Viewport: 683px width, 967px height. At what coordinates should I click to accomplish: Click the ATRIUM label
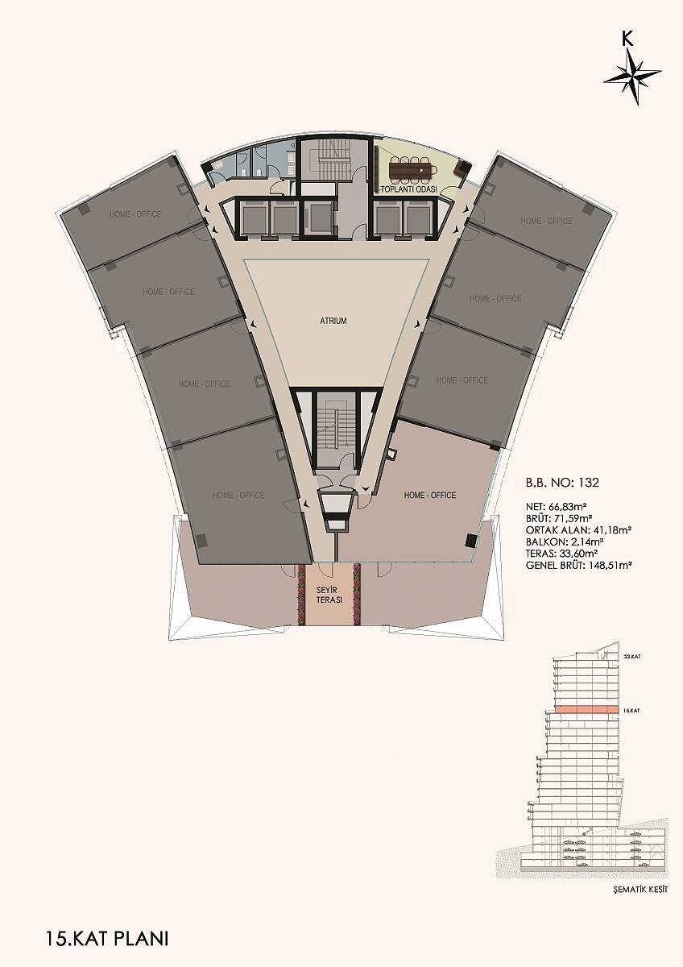(333, 322)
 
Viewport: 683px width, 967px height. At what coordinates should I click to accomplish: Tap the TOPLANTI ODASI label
(408, 189)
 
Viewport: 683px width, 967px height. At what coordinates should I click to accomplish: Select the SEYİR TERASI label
(329, 595)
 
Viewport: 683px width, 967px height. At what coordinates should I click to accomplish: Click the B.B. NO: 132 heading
(562, 483)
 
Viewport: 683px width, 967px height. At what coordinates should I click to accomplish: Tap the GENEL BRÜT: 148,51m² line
(573, 565)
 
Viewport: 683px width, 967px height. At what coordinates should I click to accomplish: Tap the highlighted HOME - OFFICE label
(430, 495)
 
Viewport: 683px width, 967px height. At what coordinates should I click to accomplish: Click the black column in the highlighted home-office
(471, 540)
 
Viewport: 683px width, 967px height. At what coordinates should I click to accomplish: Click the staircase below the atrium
(336, 429)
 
